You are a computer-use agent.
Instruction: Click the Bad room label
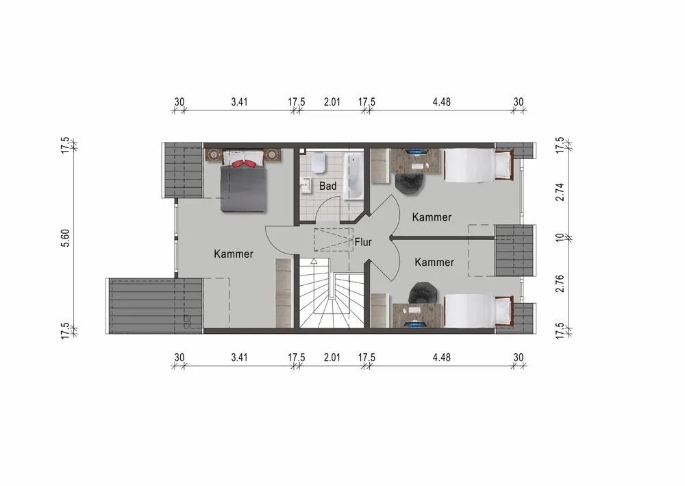click(x=327, y=186)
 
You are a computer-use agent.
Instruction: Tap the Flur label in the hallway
click(x=363, y=242)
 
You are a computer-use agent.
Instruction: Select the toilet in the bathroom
click(x=319, y=162)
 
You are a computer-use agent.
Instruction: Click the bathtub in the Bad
click(x=353, y=175)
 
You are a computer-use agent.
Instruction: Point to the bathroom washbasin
click(x=306, y=185)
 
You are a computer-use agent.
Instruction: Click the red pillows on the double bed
click(x=244, y=163)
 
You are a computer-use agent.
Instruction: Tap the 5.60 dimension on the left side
click(x=65, y=238)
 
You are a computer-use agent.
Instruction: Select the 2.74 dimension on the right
click(x=560, y=192)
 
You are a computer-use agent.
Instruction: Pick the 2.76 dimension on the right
click(x=560, y=284)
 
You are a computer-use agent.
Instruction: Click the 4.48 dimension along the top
click(x=442, y=102)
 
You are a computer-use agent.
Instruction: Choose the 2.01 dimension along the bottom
click(x=332, y=358)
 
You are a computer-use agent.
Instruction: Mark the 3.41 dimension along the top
click(x=239, y=102)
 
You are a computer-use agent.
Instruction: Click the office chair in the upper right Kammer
click(x=410, y=183)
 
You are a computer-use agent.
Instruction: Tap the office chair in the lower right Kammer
click(x=423, y=292)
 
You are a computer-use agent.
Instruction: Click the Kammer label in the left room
click(x=234, y=254)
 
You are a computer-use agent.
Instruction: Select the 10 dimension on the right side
click(x=560, y=238)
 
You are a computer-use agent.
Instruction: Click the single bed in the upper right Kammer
click(x=479, y=165)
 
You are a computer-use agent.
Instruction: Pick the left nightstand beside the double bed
click(x=214, y=155)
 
